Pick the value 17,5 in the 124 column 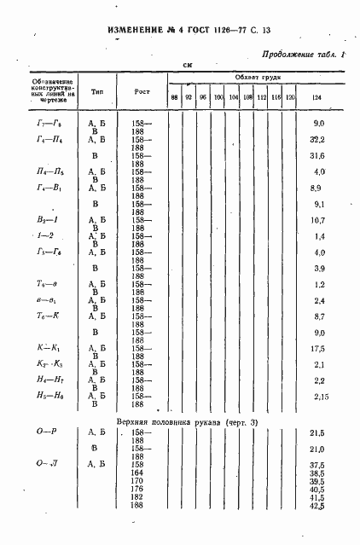click(x=317, y=349)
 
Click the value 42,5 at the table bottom click(x=317, y=506)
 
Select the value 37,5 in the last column click(x=317, y=465)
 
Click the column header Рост click(x=142, y=90)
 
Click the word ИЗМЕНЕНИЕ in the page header click(x=137, y=32)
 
